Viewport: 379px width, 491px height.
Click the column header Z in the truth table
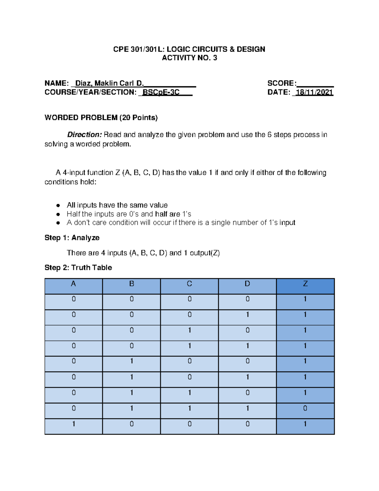pos(305,284)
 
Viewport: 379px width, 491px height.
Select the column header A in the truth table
pos(73,284)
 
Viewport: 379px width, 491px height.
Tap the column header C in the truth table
pos(189,284)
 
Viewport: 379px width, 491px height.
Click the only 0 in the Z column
pos(305,408)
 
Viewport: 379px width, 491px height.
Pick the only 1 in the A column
pos(74,424)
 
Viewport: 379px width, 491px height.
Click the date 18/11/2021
pos(314,92)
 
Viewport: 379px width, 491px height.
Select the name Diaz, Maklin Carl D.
pos(109,83)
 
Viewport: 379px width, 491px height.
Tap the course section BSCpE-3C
pos(161,92)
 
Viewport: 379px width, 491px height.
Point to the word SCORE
pos(281,83)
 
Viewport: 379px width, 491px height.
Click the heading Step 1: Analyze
pos(72,238)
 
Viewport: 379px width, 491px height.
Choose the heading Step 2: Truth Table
pos(78,268)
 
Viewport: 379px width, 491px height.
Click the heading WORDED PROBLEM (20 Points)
pos(101,118)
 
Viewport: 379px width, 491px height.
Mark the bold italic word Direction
pos(84,135)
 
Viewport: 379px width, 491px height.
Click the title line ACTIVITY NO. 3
pos(189,58)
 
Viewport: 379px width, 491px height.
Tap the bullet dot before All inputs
pos(58,206)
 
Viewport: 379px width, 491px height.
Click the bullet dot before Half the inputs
pos(58,214)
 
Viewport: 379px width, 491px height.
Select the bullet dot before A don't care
pos(58,223)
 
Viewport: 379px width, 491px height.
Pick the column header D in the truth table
pos(247,284)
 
